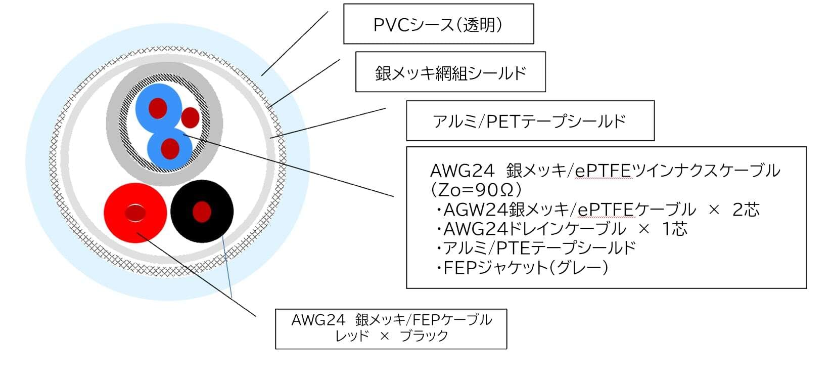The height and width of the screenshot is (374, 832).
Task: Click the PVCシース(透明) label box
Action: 439,24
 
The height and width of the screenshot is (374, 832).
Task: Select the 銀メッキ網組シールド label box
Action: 450,72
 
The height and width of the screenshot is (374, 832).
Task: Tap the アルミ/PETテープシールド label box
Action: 530,120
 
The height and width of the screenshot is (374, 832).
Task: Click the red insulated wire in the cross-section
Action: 135,213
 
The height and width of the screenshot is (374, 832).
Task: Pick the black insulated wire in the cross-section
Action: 202,211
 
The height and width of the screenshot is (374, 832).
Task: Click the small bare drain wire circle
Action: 190,117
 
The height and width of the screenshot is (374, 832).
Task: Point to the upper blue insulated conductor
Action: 158,107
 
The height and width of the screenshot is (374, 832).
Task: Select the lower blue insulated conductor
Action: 170,149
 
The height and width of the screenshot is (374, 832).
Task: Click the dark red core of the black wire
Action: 202,212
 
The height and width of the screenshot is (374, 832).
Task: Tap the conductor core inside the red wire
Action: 135,213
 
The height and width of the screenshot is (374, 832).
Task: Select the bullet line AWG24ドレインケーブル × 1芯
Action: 561,229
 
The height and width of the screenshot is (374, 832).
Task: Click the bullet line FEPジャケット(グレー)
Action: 522,267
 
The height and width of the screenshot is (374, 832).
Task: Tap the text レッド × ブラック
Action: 391,336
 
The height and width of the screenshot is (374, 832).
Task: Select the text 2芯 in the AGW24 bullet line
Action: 746,210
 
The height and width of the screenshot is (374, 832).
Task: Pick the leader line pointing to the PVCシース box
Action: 295,44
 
